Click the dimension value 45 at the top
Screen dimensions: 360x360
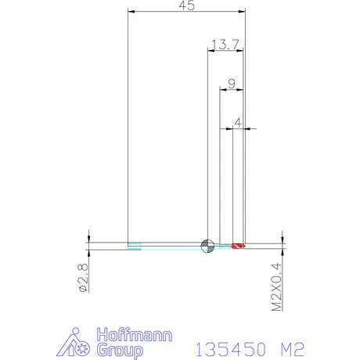coord(187,5)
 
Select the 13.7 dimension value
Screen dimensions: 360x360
coord(225,45)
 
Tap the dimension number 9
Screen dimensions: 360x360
coord(232,84)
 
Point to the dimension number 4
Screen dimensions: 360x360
coord(238,122)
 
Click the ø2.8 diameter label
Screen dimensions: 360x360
coord(83,278)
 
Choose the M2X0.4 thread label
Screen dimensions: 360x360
coord(277,286)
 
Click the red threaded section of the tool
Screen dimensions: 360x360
coord(238,246)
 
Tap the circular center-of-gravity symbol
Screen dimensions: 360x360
coord(207,246)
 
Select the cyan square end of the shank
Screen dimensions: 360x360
coord(135,246)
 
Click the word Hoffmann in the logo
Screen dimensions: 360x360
coord(135,334)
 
